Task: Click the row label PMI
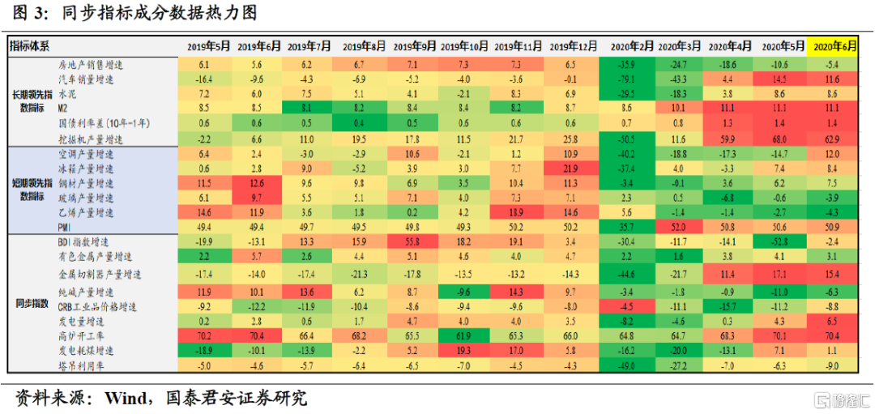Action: (65, 227)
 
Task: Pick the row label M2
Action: (63, 107)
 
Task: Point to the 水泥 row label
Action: (66, 93)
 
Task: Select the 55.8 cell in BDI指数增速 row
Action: (412, 242)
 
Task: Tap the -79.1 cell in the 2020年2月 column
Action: (625, 79)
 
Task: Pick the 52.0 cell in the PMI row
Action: (677, 227)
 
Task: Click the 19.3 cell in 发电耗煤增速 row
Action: (464, 351)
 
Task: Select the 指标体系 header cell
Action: (30, 47)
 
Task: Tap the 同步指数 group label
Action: (32, 303)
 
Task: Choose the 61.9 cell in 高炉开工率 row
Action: (464, 336)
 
